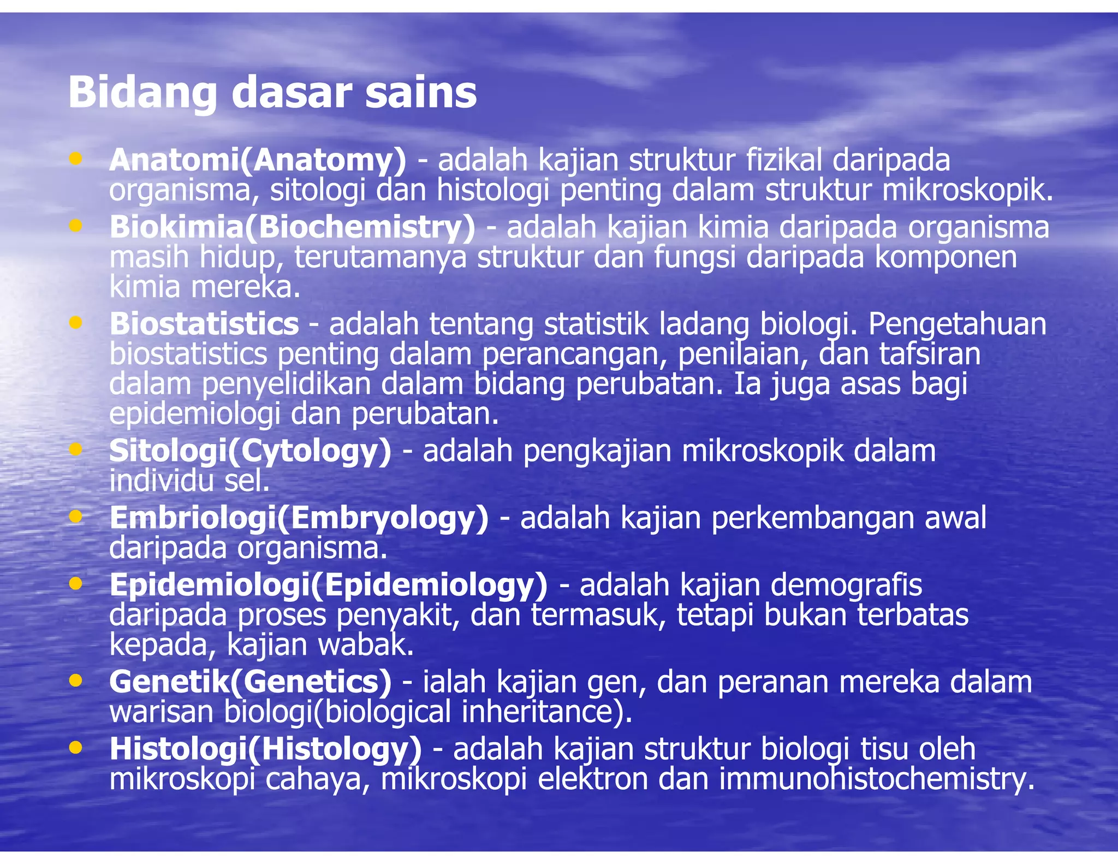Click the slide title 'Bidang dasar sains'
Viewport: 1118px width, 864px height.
(x=272, y=93)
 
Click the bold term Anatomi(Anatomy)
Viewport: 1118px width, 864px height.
(x=258, y=160)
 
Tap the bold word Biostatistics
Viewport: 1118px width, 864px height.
(x=204, y=324)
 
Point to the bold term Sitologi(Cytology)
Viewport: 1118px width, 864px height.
(x=251, y=451)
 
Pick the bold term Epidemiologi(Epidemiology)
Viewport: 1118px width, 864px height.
(x=328, y=585)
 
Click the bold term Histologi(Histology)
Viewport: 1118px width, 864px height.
(x=266, y=749)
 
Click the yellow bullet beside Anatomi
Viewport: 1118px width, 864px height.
(x=76, y=159)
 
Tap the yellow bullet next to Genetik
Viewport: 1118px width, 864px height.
(x=76, y=680)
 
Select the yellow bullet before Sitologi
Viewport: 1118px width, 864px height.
(x=76, y=449)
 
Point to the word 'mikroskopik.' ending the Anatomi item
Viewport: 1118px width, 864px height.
(x=968, y=191)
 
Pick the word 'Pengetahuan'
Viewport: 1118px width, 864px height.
(x=957, y=324)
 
